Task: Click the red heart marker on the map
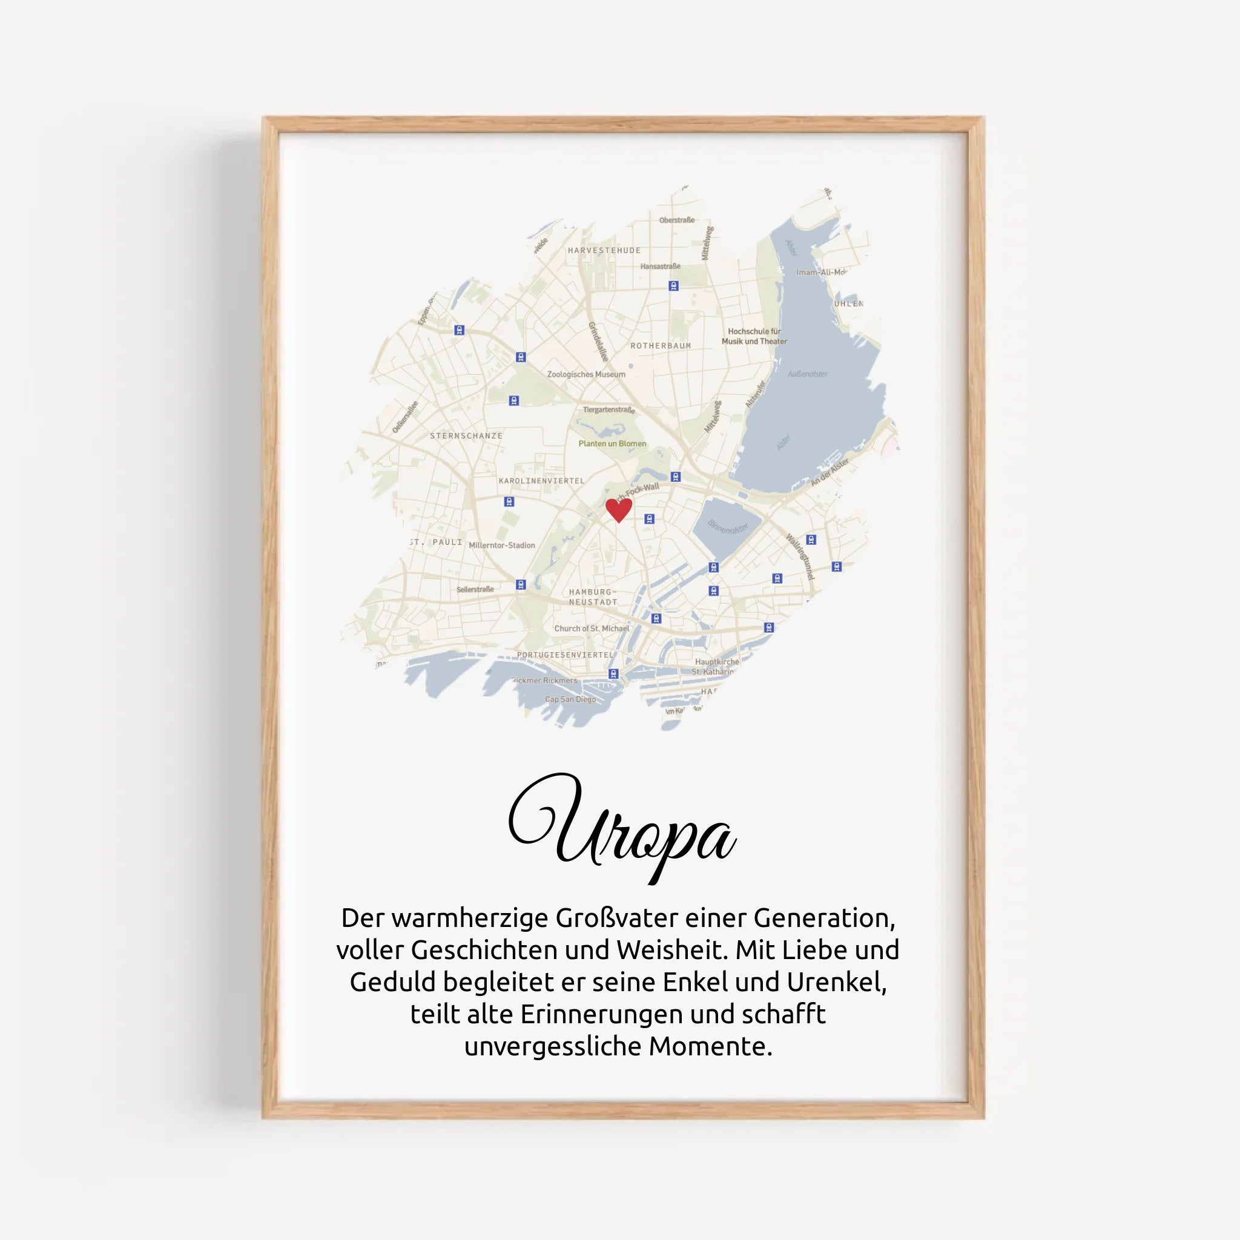(619, 510)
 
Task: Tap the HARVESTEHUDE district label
(604, 250)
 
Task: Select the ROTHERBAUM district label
(661, 345)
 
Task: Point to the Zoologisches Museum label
(586, 374)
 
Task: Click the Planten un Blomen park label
(612, 443)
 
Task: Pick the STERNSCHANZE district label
(466, 436)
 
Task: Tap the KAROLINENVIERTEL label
(542, 480)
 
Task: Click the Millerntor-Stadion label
(501, 545)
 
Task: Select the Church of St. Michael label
(592, 628)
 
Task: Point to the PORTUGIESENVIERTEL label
(566, 655)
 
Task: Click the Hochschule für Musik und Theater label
(754, 336)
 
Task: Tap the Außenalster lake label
(808, 374)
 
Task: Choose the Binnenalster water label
(728, 527)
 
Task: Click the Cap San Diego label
(570, 699)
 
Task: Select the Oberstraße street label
(676, 220)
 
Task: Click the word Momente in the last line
(710, 1047)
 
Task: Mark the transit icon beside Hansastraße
(673, 286)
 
